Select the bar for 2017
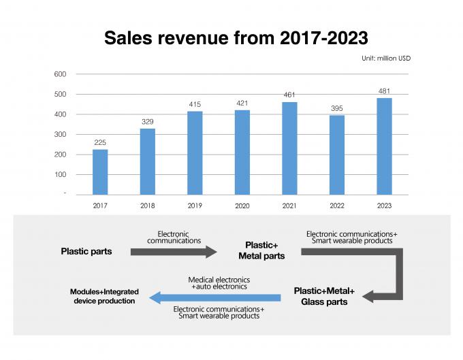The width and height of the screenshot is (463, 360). tap(100, 171)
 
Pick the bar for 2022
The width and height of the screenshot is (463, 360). tap(336, 154)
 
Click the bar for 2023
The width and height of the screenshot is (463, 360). tap(384, 146)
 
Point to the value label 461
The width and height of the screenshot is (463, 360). tap(289, 95)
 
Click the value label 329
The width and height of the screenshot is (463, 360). tap(148, 121)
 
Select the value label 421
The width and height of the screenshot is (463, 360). tap(242, 104)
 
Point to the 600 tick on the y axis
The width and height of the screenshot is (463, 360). tap(60, 74)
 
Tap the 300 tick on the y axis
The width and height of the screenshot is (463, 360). tap(60, 134)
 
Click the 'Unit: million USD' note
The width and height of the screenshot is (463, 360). tap(386, 59)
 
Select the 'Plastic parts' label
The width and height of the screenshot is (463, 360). tap(86, 251)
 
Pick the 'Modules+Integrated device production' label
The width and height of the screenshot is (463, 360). tap(103, 296)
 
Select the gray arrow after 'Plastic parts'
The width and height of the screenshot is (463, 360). tap(173, 251)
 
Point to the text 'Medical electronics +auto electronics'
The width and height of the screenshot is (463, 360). tap(219, 283)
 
